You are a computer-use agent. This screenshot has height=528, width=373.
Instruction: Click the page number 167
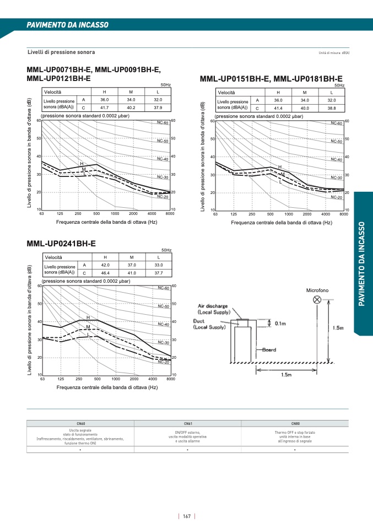[x=187, y=516]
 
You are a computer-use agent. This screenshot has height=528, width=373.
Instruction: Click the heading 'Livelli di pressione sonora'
[x=61, y=52]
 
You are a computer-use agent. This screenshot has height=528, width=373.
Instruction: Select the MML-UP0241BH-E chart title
[x=61, y=243]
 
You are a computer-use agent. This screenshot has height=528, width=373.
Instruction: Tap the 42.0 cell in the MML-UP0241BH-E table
[x=105, y=265]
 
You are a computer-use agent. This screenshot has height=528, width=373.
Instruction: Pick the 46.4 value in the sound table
[x=105, y=273]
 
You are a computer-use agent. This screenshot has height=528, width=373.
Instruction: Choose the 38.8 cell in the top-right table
[x=331, y=108]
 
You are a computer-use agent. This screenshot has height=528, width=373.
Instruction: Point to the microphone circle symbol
[x=317, y=299]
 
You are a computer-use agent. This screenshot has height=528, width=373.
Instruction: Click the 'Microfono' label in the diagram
[x=317, y=290]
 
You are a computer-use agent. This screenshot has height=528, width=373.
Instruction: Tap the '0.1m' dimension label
[x=280, y=324]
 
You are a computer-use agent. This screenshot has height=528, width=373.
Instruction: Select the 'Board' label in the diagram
[x=269, y=350]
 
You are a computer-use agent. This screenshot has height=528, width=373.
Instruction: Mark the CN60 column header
[x=80, y=423]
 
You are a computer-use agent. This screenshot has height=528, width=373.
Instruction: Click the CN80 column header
[x=295, y=423]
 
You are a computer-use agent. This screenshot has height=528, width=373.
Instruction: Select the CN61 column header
[x=188, y=423]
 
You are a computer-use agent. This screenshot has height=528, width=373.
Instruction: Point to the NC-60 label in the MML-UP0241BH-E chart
[x=163, y=288]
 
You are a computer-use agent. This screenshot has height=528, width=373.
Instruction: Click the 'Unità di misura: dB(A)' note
[x=334, y=53]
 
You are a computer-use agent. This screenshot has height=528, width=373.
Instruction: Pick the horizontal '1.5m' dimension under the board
[x=286, y=375]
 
